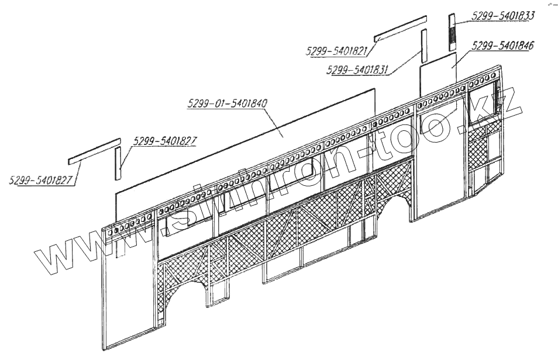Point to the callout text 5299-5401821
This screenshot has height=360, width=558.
click(336, 51)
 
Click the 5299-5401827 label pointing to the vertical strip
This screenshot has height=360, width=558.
click(165, 141)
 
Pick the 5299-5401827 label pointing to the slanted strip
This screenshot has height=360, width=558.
click(41, 180)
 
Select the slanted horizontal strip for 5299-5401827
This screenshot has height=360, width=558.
click(94, 151)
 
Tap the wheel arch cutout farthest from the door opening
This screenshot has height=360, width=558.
click(186, 292)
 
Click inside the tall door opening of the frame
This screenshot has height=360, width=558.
click(439, 158)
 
